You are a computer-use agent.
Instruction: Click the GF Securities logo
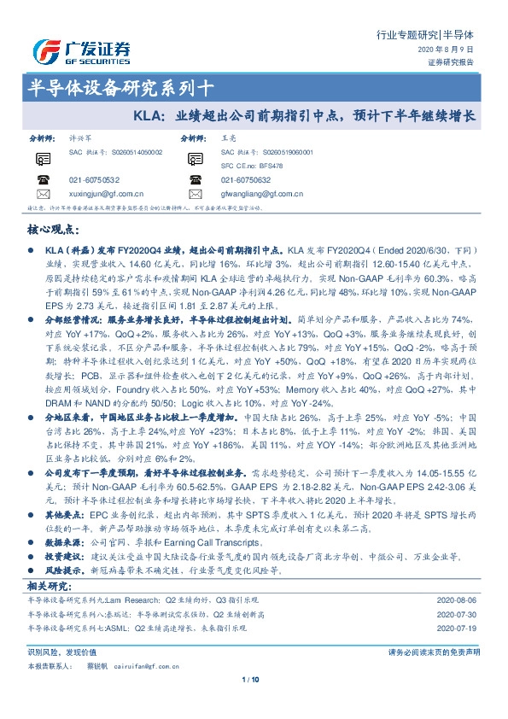(81, 50)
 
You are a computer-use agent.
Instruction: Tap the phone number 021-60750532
(94, 181)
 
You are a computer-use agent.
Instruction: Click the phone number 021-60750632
(246, 181)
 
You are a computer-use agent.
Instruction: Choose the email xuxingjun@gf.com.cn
(106, 195)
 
